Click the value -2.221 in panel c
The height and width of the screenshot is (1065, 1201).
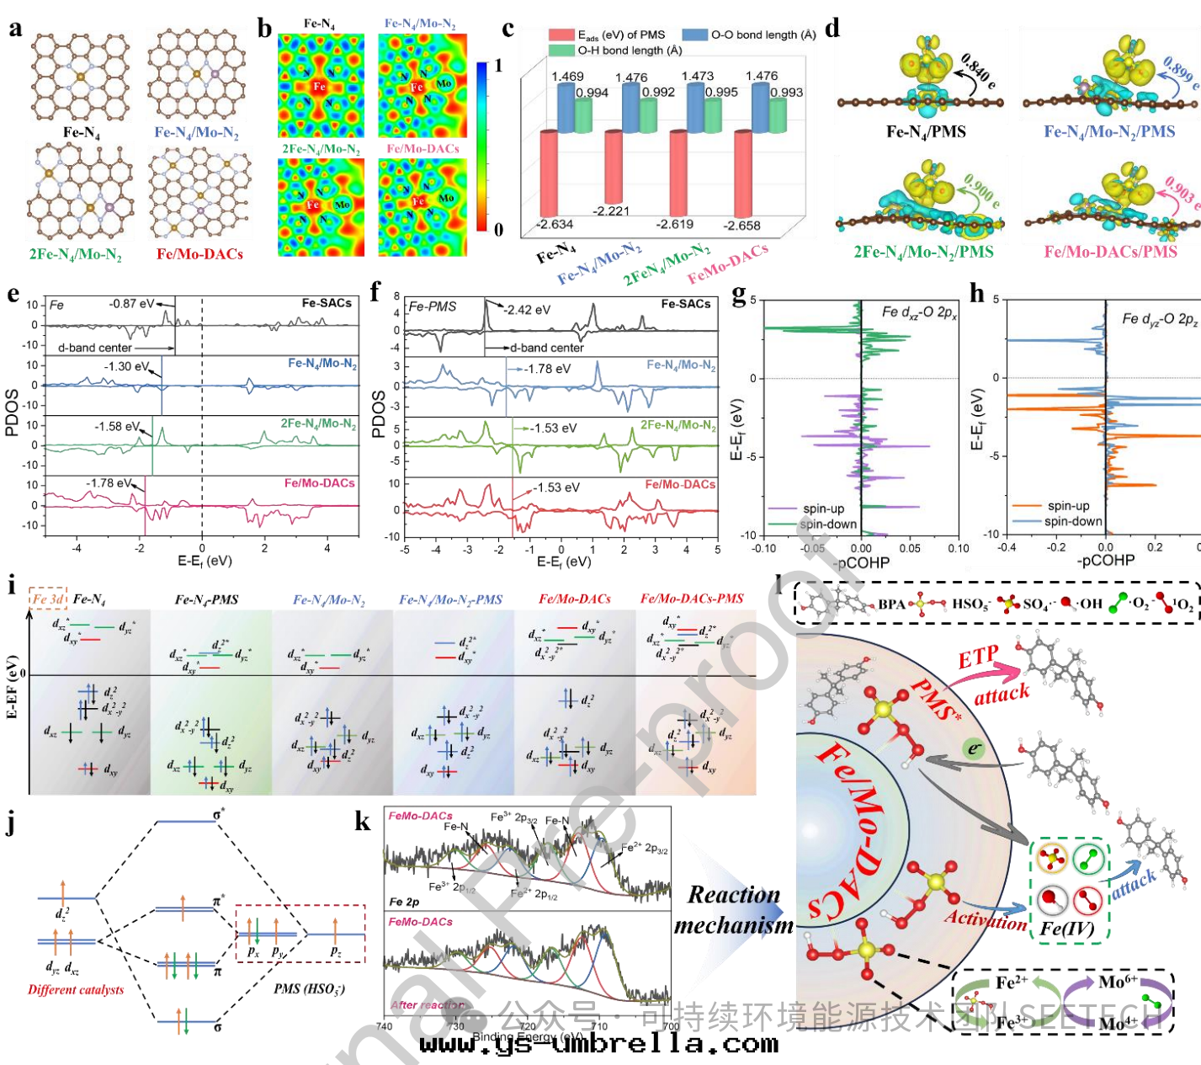coord(611,210)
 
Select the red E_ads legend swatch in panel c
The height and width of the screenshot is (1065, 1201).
coord(561,35)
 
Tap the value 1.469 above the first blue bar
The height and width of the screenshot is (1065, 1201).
coord(567,77)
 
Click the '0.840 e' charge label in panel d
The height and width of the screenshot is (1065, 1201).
coord(979,71)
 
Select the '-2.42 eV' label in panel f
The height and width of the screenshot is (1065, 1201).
coord(527,310)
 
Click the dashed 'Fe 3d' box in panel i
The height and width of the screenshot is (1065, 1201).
coord(48,599)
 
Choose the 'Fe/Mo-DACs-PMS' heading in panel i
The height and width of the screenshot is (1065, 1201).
coord(692,599)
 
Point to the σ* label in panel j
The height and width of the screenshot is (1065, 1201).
coord(220,814)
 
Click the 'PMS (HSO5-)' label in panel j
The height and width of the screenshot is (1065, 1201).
coord(309,988)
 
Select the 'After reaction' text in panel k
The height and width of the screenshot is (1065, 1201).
coord(427,1005)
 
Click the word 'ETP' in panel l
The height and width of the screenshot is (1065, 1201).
coord(978,658)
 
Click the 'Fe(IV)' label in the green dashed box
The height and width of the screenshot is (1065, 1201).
coord(1066,929)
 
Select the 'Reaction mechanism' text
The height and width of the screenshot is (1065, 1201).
coord(734,910)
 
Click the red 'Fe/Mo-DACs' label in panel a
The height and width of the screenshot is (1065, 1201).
coord(199,253)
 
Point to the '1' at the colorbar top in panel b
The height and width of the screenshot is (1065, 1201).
coord(498,66)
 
